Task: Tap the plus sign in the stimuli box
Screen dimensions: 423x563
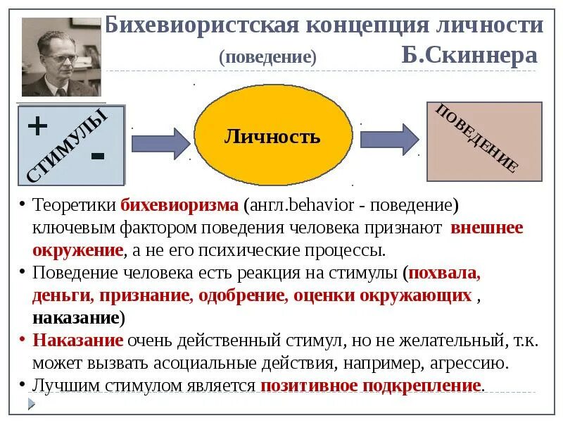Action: (x=37, y=127)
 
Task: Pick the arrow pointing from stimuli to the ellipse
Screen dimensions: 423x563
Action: (x=160, y=141)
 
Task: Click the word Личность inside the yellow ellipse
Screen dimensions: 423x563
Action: (x=272, y=137)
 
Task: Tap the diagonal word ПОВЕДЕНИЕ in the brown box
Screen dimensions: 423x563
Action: (x=478, y=138)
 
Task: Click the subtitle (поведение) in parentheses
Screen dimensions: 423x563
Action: (x=267, y=56)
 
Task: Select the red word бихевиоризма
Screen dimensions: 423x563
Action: (x=180, y=206)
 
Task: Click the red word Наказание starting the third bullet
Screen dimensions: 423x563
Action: (x=77, y=341)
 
